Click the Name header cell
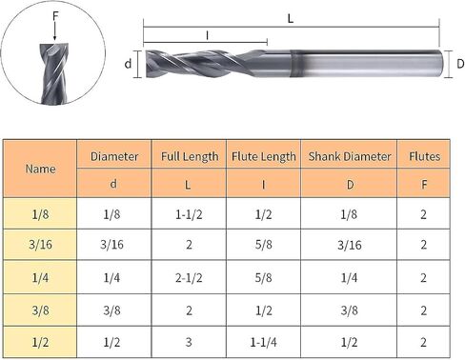(40, 169)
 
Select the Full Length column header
(190, 156)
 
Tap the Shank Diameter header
(350, 156)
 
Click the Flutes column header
(424, 156)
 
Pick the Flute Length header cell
(264, 156)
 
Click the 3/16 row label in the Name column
(40, 245)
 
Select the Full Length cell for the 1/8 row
(189, 214)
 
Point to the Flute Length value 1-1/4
(263, 342)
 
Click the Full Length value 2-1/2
(189, 278)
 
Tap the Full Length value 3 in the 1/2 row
(189, 342)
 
